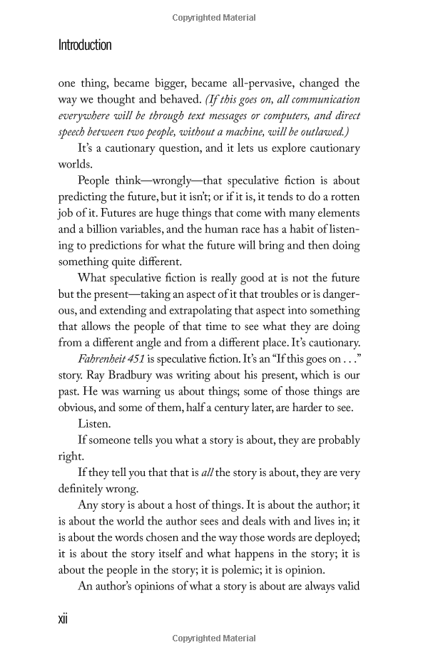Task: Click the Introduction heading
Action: point(85,46)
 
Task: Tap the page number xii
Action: point(63,619)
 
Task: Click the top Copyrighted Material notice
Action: point(214,18)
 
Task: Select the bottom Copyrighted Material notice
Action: point(214,639)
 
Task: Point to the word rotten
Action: point(340,197)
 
